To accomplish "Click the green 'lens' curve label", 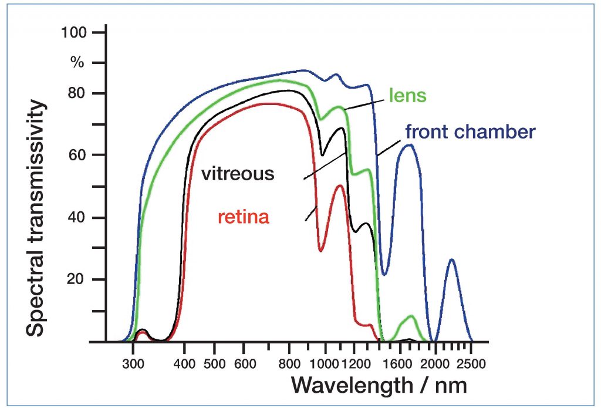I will (409, 95).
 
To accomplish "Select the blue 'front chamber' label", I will (470, 131).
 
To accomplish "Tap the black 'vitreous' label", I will (237, 174).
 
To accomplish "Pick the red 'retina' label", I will (244, 217).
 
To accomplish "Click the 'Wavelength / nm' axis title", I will (380, 385).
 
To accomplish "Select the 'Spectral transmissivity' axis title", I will (36, 218).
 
